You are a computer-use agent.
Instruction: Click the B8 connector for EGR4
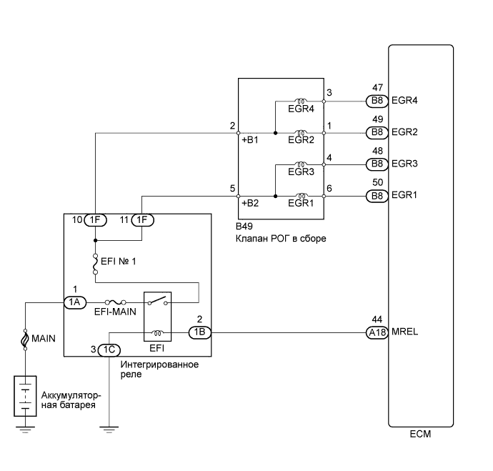click(x=376, y=101)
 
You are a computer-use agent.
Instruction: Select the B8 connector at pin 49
click(x=376, y=132)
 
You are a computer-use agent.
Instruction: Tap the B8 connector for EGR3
click(x=376, y=164)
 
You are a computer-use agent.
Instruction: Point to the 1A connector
click(x=74, y=302)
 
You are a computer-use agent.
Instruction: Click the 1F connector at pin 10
click(x=95, y=220)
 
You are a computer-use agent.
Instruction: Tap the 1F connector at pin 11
click(x=143, y=220)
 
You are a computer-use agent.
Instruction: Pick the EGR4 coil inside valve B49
click(x=301, y=101)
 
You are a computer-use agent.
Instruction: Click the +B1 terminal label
click(x=249, y=141)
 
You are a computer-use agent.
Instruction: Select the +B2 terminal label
click(x=249, y=204)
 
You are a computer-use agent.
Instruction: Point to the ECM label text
click(x=420, y=434)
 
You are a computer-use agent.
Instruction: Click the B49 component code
click(x=245, y=228)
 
